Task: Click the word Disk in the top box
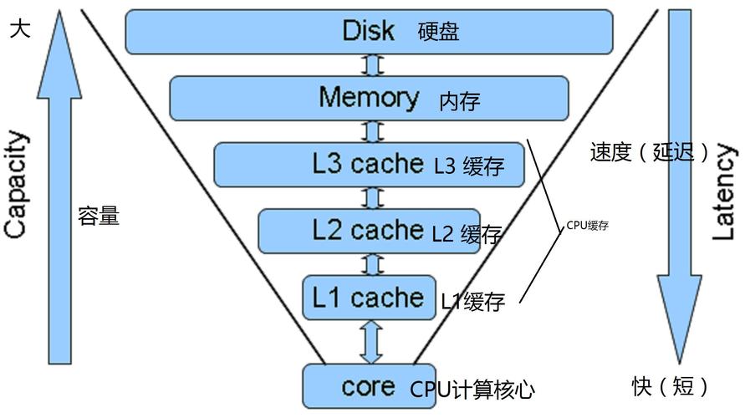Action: coord(369,31)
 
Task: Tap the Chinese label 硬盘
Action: coord(439,33)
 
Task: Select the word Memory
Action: coord(369,97)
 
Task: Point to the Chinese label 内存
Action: coord(460,102)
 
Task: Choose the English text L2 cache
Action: coord(368,229)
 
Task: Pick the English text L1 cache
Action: coord(368,297)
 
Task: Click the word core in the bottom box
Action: coord(368,386)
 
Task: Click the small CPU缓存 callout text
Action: coord(586,226)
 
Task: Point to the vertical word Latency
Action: coord(724,192)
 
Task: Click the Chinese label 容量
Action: coord(99,217)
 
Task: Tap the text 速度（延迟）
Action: coord(649,152)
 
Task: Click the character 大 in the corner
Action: coord(20,29)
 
